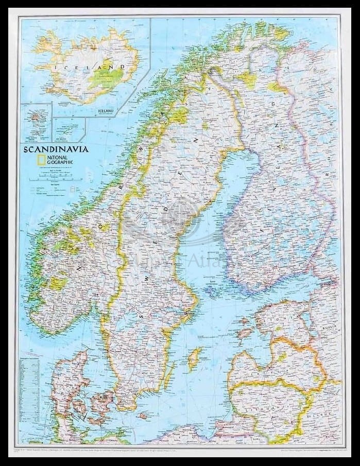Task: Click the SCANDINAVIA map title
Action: tap(55, 149)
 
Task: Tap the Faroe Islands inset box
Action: tap(36, 123)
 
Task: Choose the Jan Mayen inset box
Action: tap(69, 129)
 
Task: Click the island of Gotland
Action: tap(194, 359)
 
